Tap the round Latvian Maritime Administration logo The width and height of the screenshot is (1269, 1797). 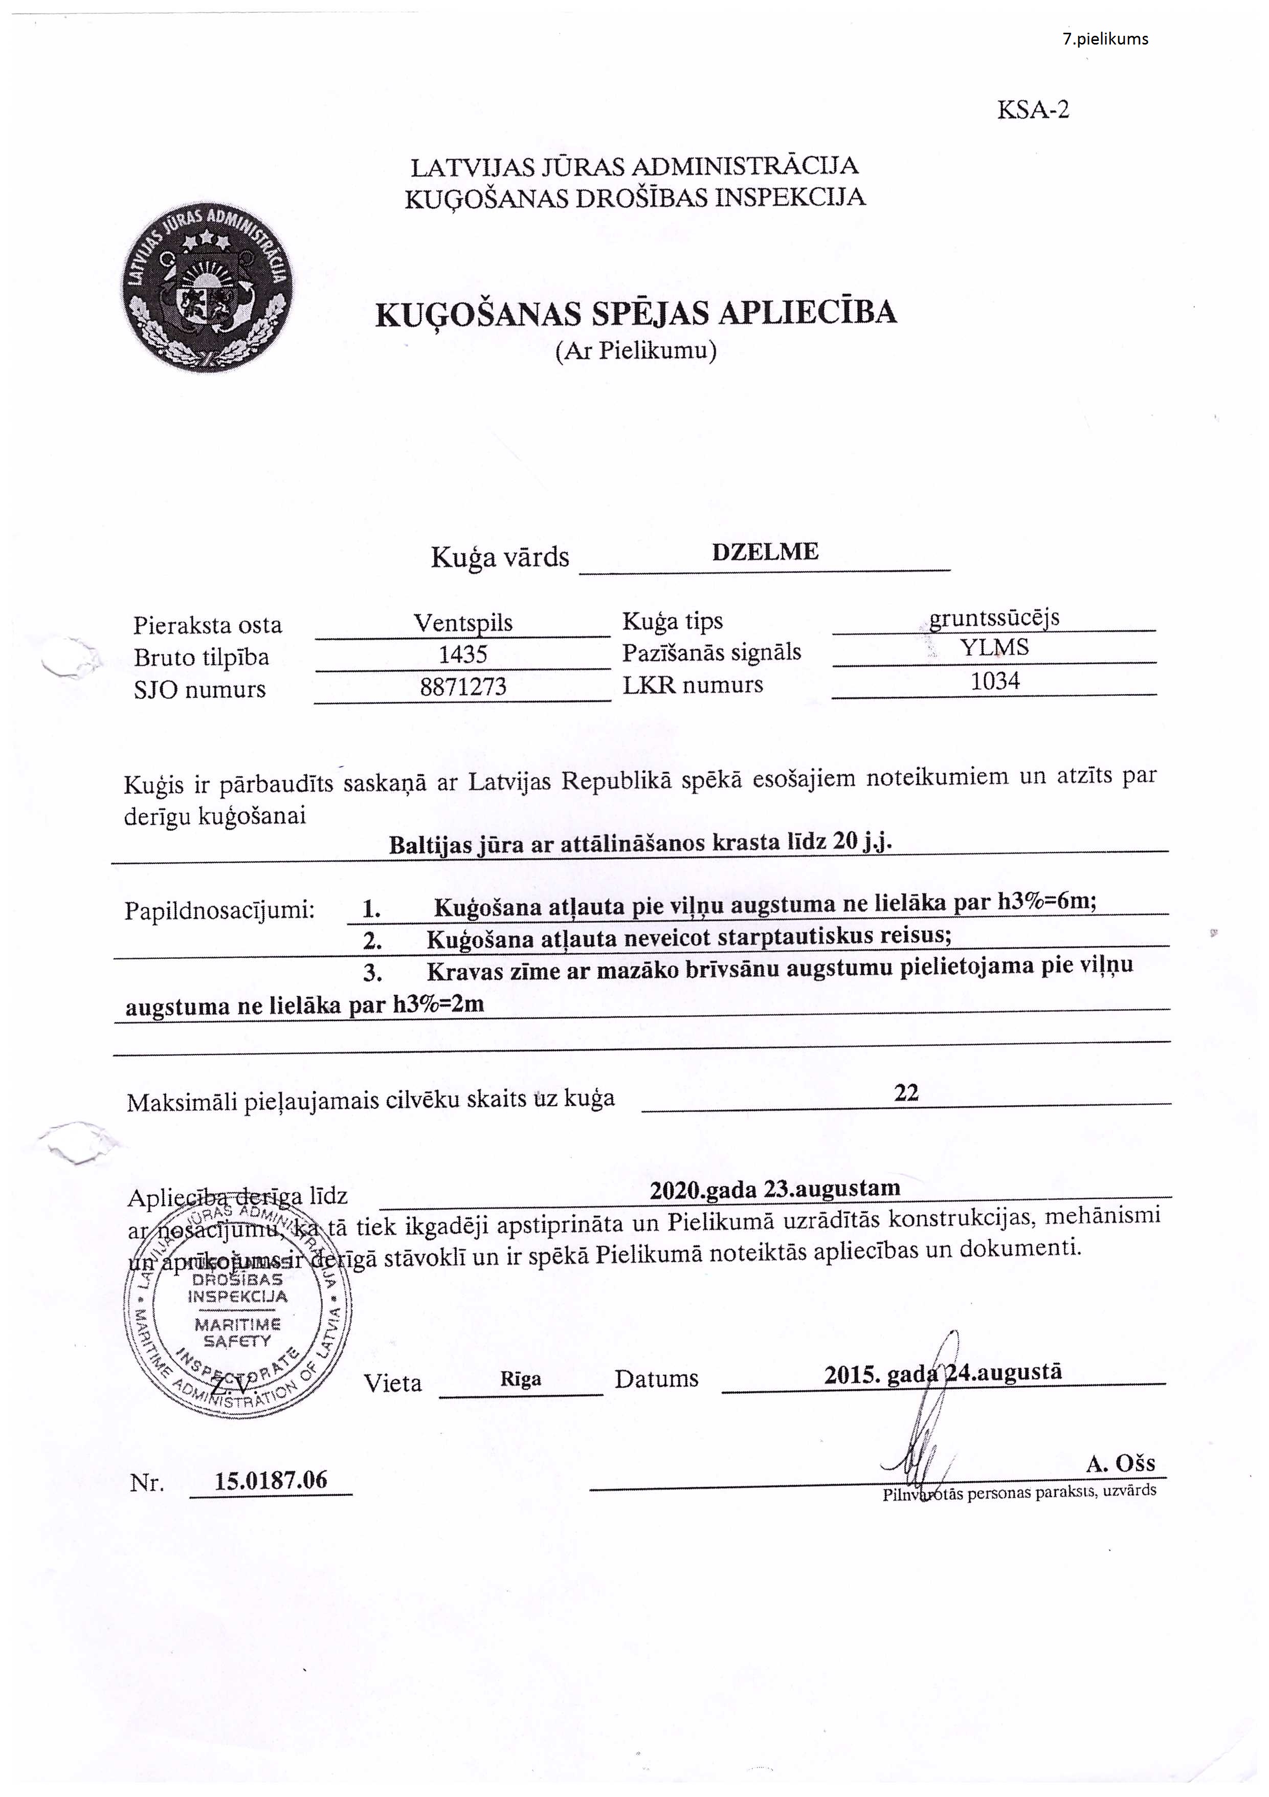(207, 289)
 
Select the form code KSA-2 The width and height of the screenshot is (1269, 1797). (1032, 109)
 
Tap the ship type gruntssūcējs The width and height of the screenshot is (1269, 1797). (994, 618)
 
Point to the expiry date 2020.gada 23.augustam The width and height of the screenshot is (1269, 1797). (774, 1188)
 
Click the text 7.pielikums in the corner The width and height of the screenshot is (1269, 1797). (1105, 39)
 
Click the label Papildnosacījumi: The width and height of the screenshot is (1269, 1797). (219, 911)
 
